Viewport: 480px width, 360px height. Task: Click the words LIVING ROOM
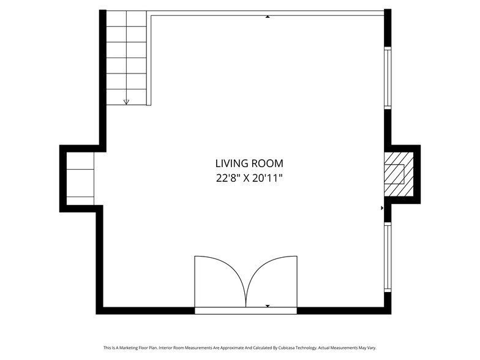[249, 163]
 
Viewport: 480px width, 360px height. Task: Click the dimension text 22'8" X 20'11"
[249, 178]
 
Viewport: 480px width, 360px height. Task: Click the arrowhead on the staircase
[126, 102]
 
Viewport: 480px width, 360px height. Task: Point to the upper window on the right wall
[388, 78]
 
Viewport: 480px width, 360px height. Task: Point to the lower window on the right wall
[388, 257]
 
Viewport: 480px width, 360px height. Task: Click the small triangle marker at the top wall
[268, 17]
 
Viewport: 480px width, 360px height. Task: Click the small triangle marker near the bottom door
[268, 306]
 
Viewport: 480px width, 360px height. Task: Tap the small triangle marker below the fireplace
[382, 208]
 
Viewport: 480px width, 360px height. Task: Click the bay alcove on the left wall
[80, 179]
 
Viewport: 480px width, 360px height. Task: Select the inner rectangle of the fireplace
[394, 174]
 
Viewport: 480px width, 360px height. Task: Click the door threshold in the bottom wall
[246, 311]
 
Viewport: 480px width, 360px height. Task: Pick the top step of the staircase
[126, 18]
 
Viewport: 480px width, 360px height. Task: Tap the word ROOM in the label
[267, 163]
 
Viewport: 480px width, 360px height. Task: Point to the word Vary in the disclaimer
[372, 348]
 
